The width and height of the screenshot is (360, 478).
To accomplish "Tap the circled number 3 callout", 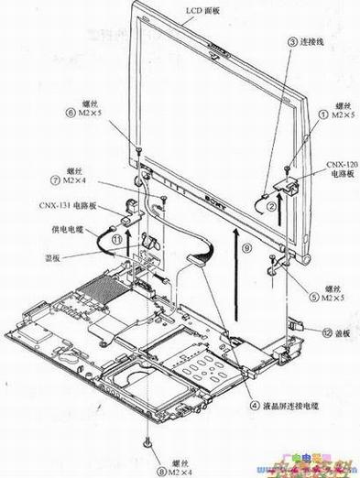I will click(x=293, y=42).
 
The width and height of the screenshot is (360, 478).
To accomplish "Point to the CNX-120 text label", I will click(x=341, y=164).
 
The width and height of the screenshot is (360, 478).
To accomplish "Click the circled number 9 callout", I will click(x=245, y=246).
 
